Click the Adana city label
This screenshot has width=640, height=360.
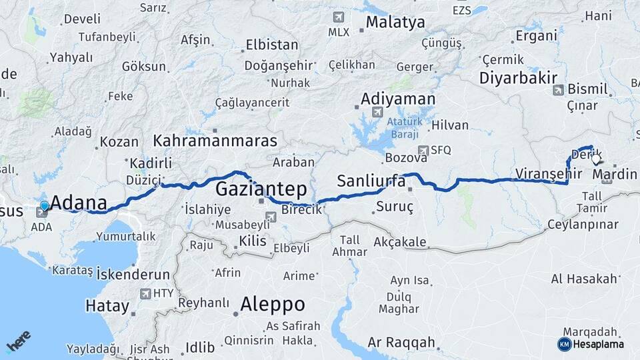[79, 203]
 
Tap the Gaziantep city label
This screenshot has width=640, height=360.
[261, 188]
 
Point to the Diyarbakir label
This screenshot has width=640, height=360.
[518, 77]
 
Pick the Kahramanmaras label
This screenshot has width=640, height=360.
[215, 141]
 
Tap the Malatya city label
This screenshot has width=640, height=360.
[395, 23]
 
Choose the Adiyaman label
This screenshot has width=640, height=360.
[398, 99]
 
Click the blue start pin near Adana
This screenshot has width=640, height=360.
[45, 207]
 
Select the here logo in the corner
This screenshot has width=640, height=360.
[19, 341]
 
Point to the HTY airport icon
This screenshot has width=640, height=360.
[145, 293]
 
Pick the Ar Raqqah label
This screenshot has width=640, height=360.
[401, 343]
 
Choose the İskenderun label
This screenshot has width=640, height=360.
[133, 274]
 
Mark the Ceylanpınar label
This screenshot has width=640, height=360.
[583, 224]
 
